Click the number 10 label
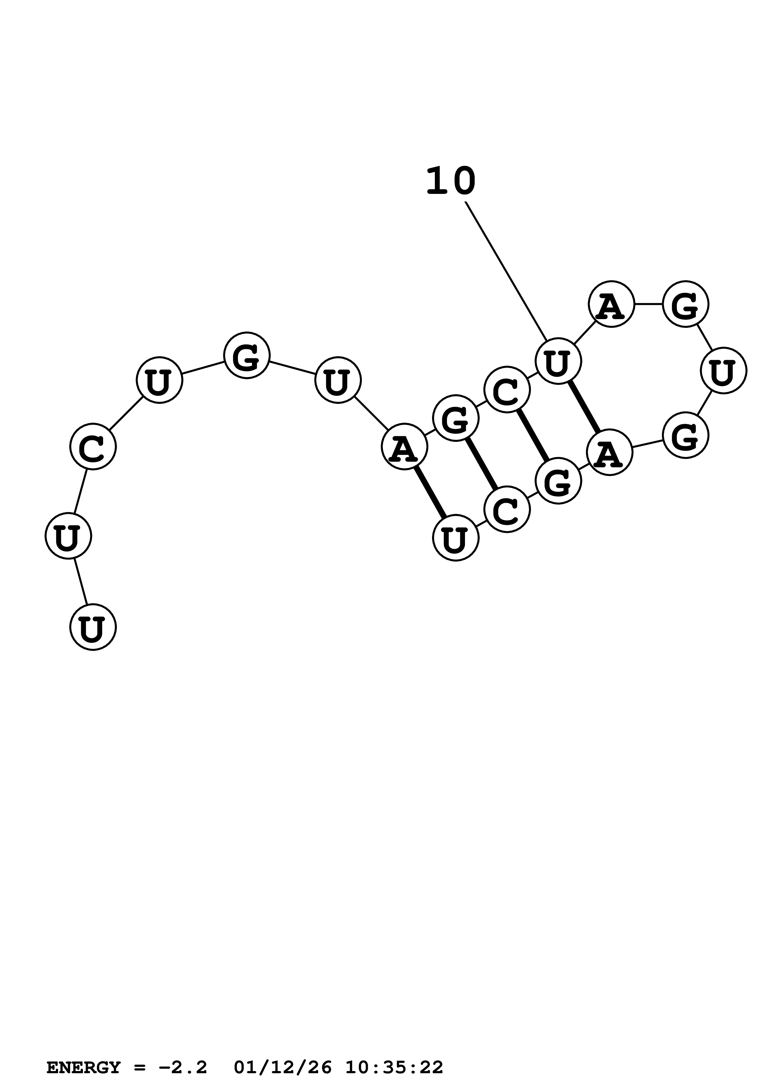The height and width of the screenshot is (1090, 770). coord(450,181)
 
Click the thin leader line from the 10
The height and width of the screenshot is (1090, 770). coord(506,271)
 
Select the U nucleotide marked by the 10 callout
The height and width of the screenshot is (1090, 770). coord(558,361)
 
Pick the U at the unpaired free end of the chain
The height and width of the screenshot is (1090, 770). coord(93,627)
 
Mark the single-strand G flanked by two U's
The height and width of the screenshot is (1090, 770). coord(247,355)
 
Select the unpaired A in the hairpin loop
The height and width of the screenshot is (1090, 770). coord(611,304)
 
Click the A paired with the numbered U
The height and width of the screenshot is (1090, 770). coord(609,452)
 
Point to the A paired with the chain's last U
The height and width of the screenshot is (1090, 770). coord(404,447)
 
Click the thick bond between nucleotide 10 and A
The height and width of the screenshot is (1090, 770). coord(584,407)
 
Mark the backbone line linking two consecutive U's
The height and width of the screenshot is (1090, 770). coord(81,582)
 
